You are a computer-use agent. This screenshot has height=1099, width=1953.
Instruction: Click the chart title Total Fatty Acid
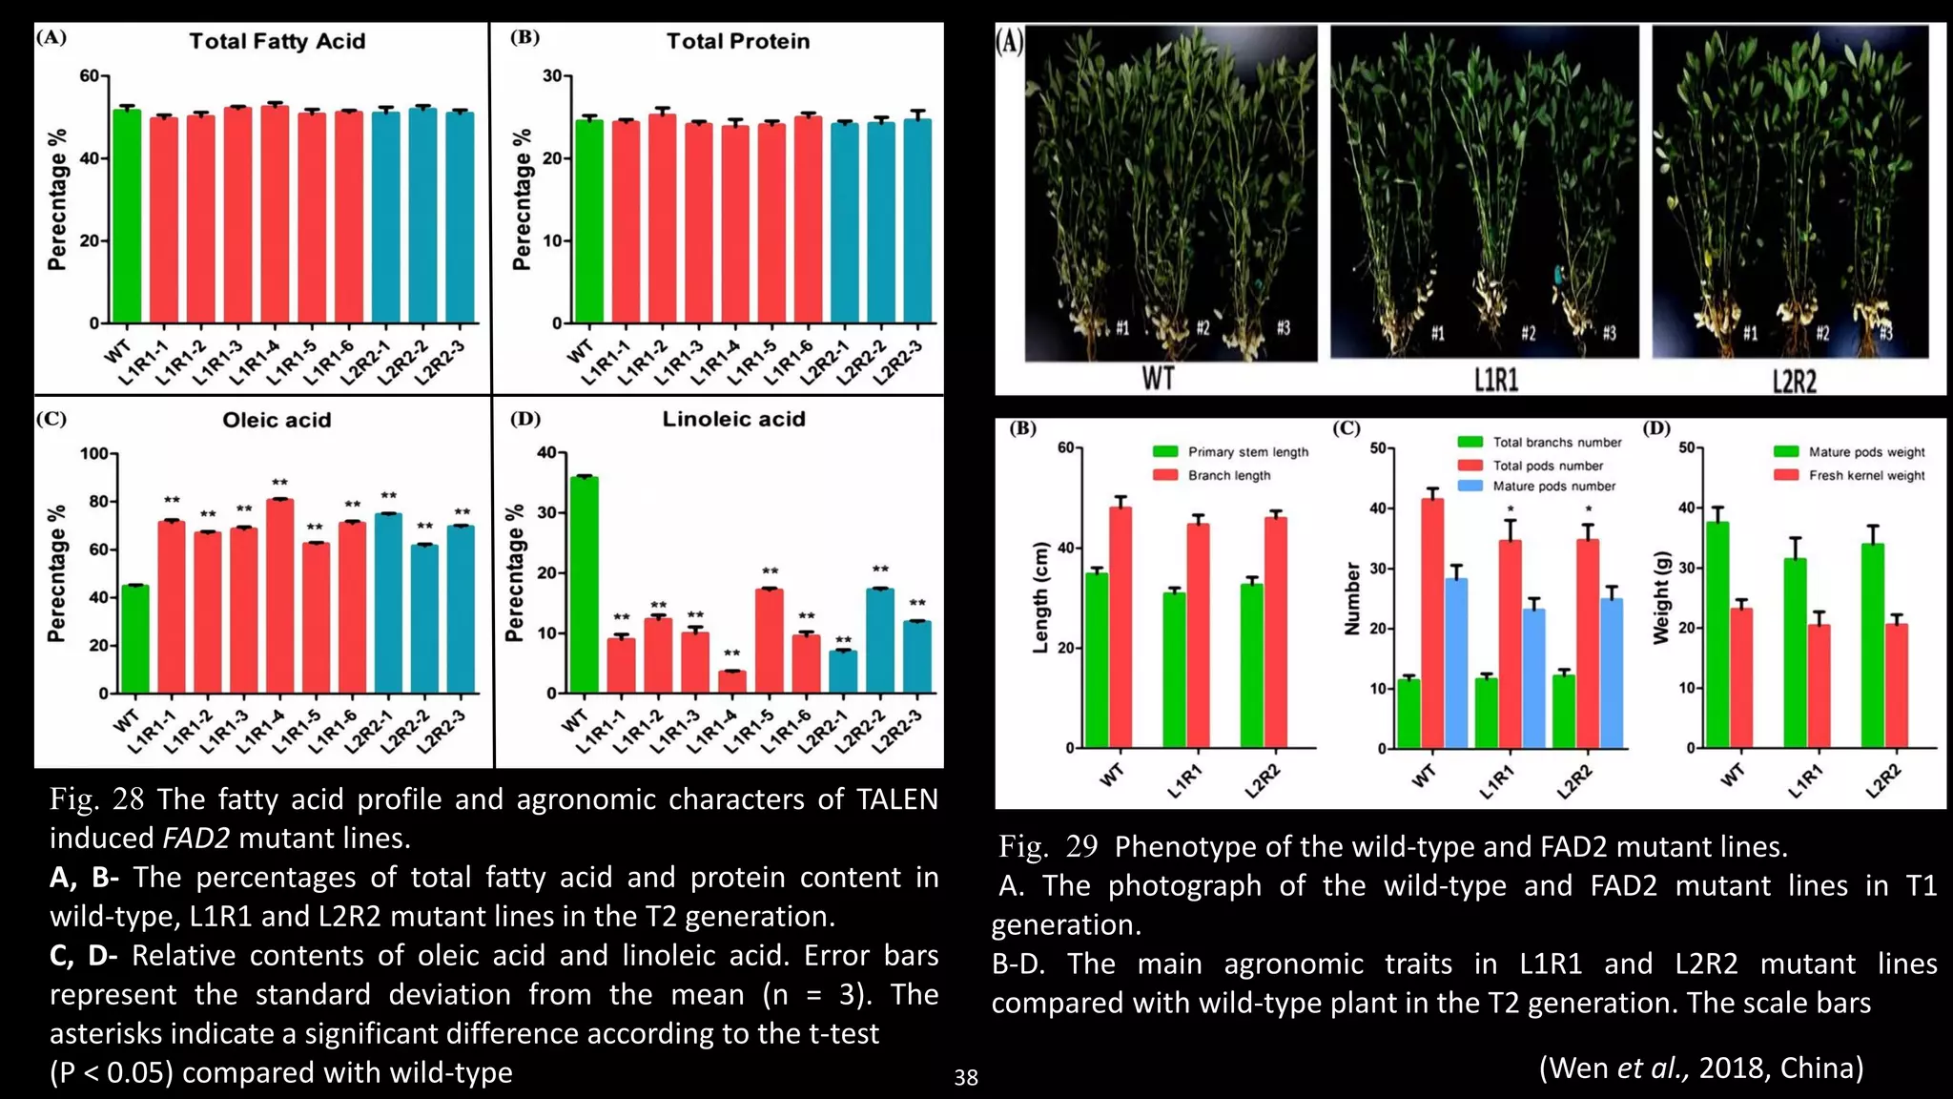(x=277, y=41)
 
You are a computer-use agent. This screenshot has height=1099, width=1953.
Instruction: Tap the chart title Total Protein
(x=737, y=41)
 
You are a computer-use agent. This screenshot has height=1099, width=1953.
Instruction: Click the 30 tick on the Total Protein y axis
(x=552, y=75)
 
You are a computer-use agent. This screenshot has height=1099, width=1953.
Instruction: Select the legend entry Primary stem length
(x=1247, y=452)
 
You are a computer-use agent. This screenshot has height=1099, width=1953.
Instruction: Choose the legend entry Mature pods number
(x=1553, y=487)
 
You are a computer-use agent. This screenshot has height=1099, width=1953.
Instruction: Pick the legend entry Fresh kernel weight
(x=1866, y=475)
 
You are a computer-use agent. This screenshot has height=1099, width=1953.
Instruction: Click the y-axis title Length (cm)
(x=1040, y=597)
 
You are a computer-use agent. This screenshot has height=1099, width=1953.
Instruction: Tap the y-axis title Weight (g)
(x=1661, y=597)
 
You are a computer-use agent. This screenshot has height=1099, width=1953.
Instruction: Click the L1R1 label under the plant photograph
(x=1495, y=381)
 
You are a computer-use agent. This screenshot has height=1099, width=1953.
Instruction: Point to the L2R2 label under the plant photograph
(x=1794, y=382)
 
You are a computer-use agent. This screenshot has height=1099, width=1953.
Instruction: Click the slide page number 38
(x=966, y=1078)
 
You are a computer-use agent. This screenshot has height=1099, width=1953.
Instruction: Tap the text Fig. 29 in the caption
(x=1048, y=846)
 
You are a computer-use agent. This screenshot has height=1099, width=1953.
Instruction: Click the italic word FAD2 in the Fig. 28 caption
(x=195, y=839)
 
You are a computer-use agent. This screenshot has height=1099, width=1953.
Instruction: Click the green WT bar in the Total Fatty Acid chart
(x=127, y=216)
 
